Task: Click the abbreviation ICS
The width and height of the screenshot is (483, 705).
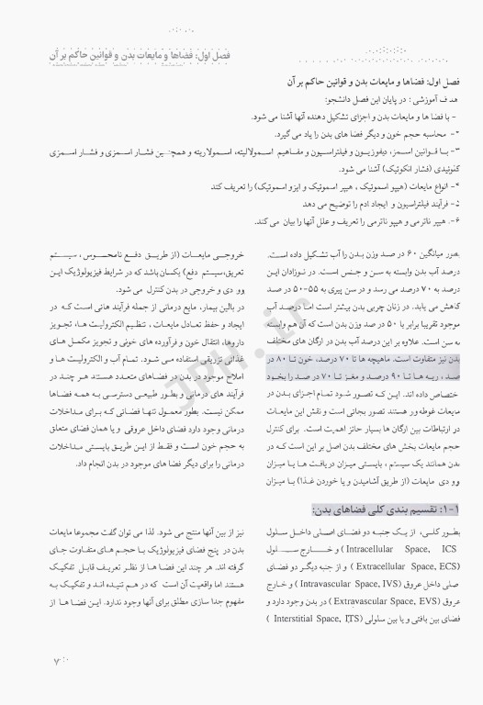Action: click(450, 523)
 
